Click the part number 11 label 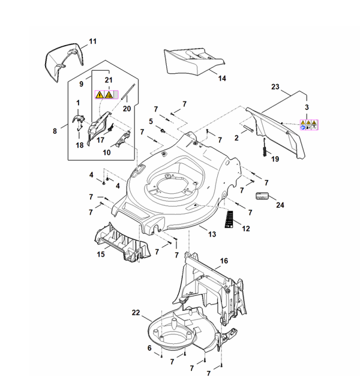[x=92, y=41]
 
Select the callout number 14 [x=222, y=78]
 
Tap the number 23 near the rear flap [x=275, y=86]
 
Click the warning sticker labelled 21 [x=107, y=94]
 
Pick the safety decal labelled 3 [x=309, y=125]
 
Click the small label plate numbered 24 [x=262, y=196]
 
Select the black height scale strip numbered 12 [x=229, y=219]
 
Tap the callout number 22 [x=136, y=313]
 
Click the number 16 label [x=224, y=261]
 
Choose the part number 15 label [x=101, y=255]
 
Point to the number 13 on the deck [x=212, y=234]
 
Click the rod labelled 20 [x=128, y=91]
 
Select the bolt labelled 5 [x=163, y=130]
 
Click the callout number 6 [x=149, y=348]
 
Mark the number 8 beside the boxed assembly [x=55, y=131]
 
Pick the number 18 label [x=80, y=145]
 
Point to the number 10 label [x=107, y=152]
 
